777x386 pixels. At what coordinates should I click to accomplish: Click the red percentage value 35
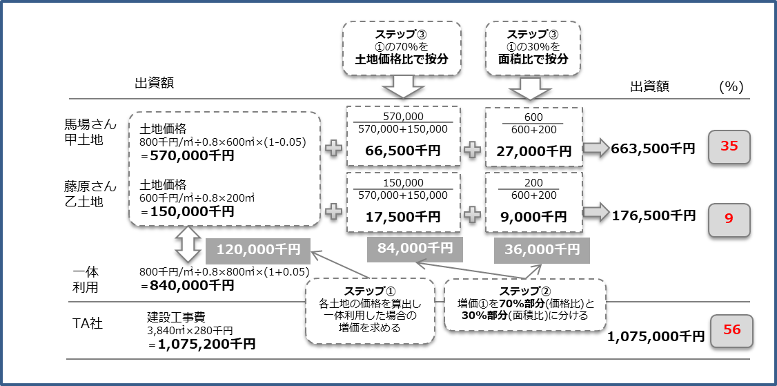pos(729,146)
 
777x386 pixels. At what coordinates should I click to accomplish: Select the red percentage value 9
pos(729,217)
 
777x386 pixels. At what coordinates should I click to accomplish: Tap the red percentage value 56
pos(731,330)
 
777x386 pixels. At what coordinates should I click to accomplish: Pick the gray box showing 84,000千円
pos(410,248)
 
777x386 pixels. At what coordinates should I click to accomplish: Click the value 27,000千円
pos(534,151)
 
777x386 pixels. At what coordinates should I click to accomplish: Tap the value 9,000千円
pos(534,216)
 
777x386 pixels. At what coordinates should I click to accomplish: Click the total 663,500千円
pos(653,148)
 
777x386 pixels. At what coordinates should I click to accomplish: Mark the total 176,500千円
pos(653,216)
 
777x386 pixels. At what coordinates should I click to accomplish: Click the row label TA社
pos(88,322)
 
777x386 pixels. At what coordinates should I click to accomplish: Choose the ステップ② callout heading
pos(524,290)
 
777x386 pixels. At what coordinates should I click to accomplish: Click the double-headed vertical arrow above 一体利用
pos(187,245)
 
